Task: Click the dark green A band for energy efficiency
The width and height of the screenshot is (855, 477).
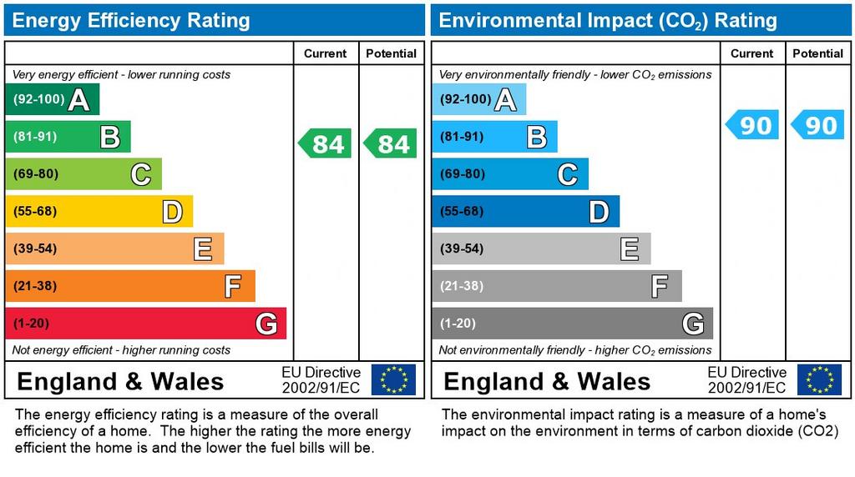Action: click(52, 100)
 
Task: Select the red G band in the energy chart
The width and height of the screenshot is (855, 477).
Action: click(145, 324)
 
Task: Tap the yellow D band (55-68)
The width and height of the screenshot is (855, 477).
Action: click(99, 212)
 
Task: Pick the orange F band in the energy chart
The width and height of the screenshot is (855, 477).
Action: click(129, 286)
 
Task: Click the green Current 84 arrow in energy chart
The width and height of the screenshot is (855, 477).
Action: click(326, 143)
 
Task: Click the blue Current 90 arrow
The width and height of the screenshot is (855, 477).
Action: click(752, 125)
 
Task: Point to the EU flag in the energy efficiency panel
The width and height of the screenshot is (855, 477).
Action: click(393, 379)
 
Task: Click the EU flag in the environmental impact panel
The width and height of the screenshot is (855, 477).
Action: click(819, 379)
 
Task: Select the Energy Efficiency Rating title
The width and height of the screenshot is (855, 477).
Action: click(131, 21)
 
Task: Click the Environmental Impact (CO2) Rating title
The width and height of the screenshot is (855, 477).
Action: click(608, 21)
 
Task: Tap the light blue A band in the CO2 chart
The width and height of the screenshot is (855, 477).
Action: click(478, 100)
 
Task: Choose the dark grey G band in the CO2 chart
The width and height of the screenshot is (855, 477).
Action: click(572, 324)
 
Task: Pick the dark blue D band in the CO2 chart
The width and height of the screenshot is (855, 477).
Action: click(525, 212)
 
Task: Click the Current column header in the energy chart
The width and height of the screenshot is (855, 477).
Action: click(325, 53)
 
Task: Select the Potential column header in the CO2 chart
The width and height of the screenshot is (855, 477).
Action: click(817, 53)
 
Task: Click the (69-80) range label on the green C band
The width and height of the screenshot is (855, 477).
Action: click(35, 174)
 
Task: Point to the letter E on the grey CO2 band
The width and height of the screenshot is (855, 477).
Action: click(630, 249)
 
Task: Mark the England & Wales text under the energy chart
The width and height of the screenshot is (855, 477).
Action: click(120, 382)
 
